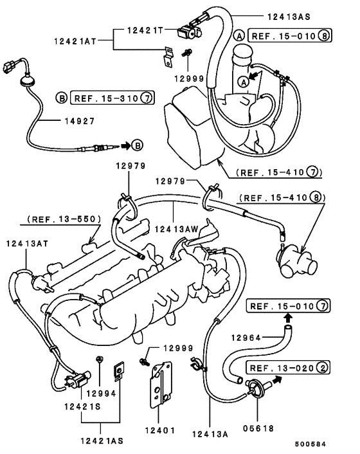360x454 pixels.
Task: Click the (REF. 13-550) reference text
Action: point(64,219)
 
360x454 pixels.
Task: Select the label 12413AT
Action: point(26,244)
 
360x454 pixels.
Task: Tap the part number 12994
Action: point(100,393)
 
